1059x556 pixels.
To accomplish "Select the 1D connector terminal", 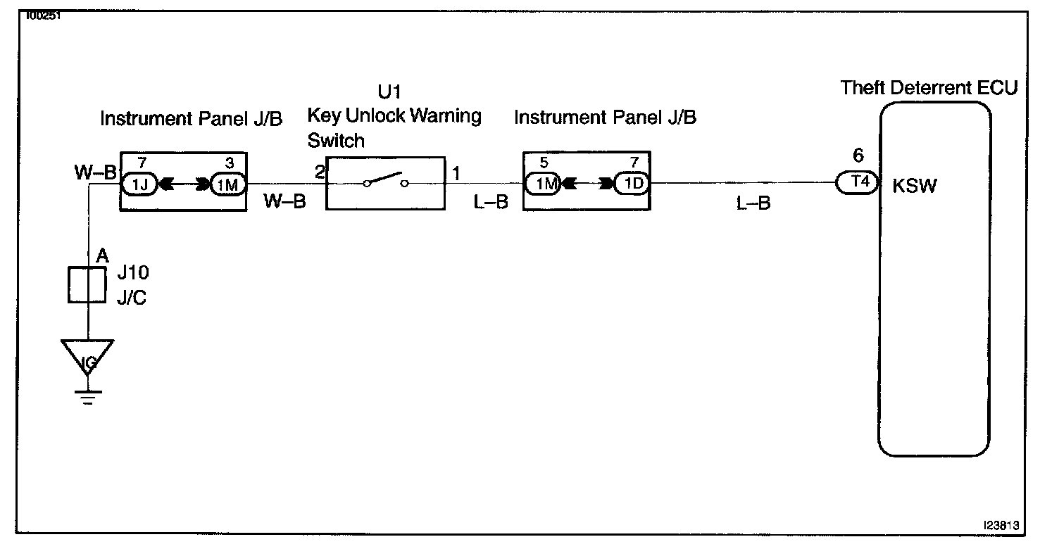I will pos(632,184).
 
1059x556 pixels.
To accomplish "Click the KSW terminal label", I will pos(915,188).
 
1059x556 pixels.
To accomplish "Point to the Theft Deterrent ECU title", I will pos(929,89).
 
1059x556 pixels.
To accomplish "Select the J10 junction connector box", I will pos(87,285).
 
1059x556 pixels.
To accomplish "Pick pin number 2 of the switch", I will pos(319,172).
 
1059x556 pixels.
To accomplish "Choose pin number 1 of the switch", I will pos(456,172).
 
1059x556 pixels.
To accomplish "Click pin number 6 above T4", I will pos(857,156).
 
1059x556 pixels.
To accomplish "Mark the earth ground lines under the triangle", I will pos(87,398).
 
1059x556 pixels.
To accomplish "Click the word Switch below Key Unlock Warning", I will pos(336,141).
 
